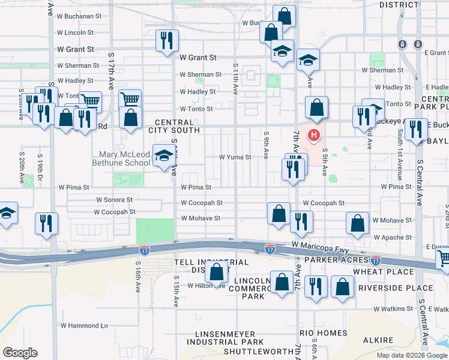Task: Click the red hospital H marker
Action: click(313, 136)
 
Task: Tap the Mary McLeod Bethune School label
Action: click(121, 158)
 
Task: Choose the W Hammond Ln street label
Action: click(83, 326)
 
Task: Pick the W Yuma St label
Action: click(235, 157)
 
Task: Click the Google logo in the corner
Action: click(20, 353)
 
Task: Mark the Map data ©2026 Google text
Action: click(411, 355)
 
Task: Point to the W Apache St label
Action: click(392, 238)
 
